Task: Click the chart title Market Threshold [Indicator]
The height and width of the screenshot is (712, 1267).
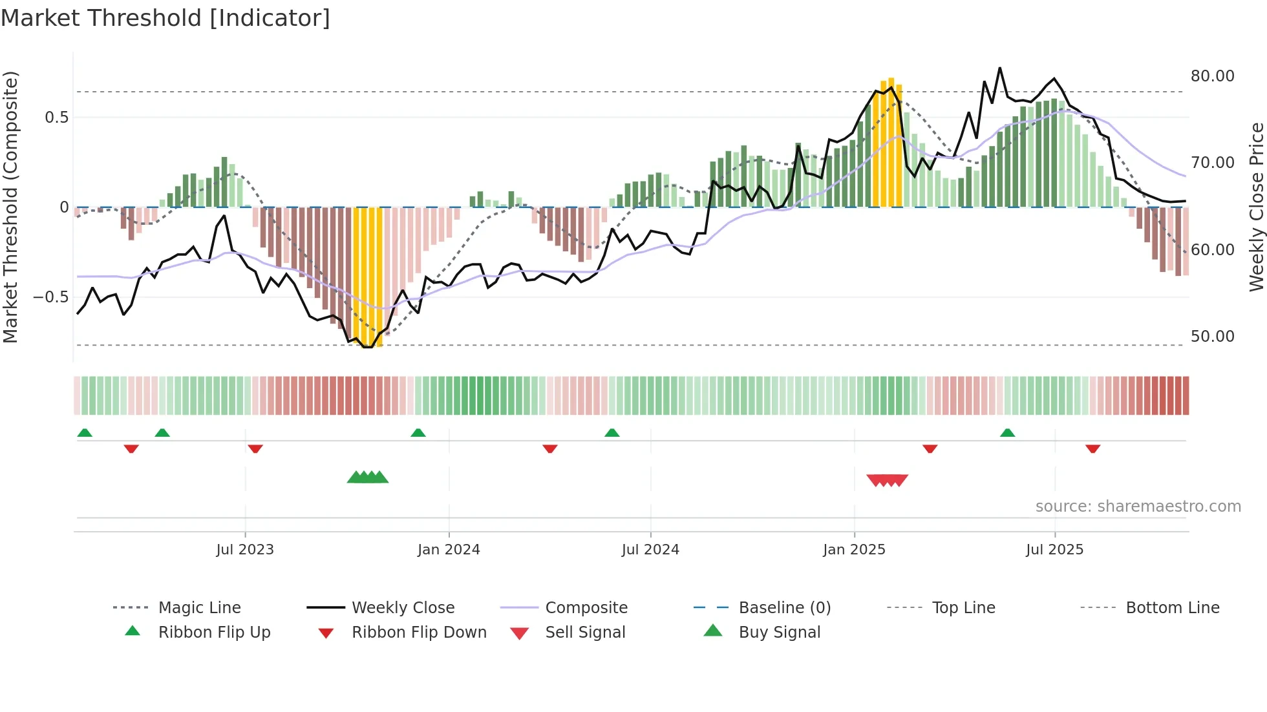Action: tap(165, 18)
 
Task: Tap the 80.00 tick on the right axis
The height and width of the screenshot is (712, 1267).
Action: tap(1212, 76)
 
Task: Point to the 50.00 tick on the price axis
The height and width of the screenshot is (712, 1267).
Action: tap(1212, 337)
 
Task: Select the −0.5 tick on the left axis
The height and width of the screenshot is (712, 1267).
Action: tap(50, 297)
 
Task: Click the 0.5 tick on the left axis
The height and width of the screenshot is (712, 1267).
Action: tap(56, 118)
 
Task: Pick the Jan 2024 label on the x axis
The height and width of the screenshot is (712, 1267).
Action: tap(449, 550)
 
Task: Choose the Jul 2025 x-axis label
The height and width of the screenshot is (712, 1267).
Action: tap(1054, 550)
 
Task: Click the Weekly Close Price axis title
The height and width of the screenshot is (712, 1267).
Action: tap(1256, 207)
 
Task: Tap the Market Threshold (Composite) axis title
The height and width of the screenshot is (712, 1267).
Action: tap(10, 207)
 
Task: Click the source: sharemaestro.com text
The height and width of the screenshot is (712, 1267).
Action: tap(1138, 507)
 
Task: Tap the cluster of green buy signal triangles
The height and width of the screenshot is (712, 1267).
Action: tap(368, 478)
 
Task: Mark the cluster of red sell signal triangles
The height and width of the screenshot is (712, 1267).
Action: tap(888, 480)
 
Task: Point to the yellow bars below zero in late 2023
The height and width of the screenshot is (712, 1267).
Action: tap(368, 278)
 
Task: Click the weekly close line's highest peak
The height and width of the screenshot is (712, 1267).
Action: tap(999, 68)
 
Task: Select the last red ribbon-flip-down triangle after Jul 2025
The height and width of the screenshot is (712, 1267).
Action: tap(1092, 449)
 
